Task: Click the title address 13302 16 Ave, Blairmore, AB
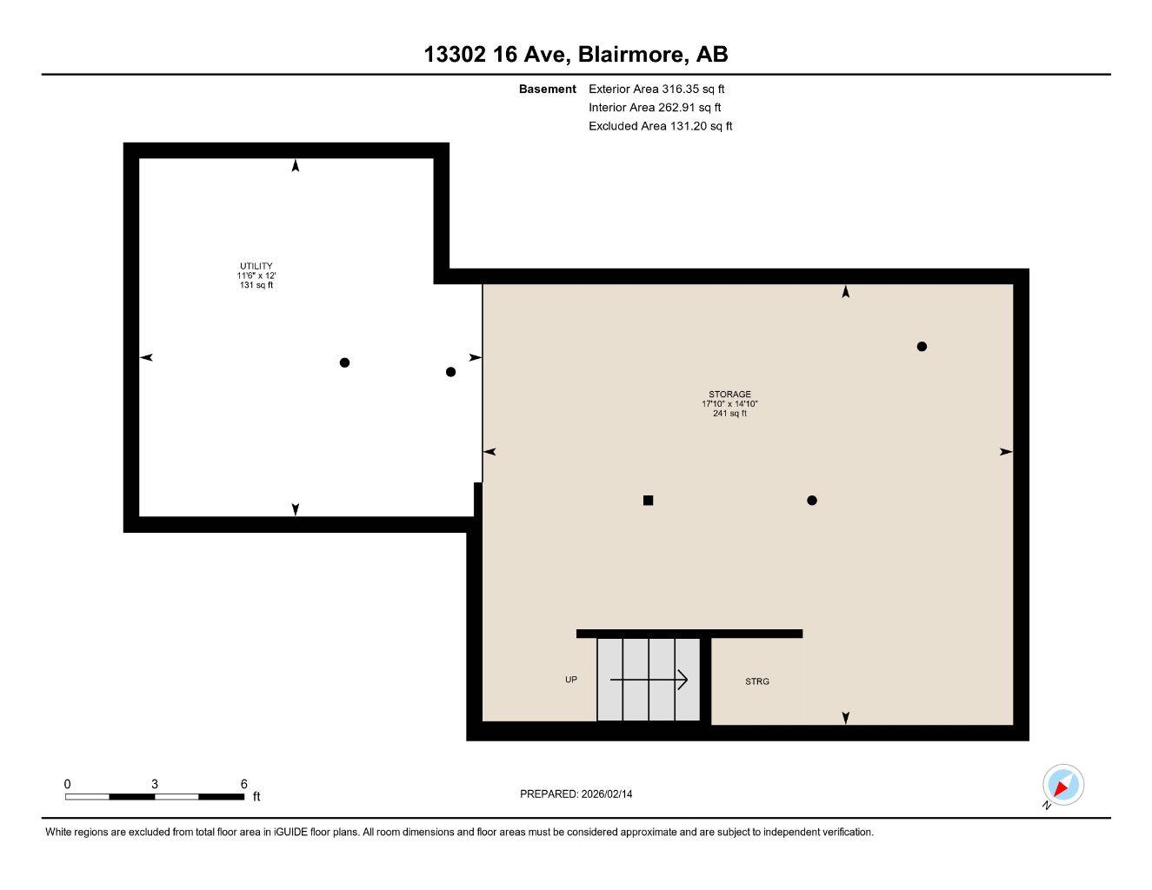576,55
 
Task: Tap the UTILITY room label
256,266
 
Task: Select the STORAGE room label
729,394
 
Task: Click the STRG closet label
756,681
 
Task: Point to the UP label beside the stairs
571,680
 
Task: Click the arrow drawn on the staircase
649,680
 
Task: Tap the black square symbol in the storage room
648,500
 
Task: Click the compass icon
1062,786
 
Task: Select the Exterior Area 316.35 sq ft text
656,89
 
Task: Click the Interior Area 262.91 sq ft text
655,108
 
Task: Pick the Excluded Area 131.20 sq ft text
660,126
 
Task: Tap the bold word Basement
547,89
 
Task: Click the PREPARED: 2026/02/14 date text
576,794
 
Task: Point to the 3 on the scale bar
155,784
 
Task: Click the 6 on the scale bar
244,784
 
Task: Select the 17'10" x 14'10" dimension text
729,404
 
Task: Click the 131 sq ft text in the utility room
256,285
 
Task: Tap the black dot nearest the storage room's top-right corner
922,346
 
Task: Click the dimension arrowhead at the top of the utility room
296,166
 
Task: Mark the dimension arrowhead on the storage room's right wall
1006,452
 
